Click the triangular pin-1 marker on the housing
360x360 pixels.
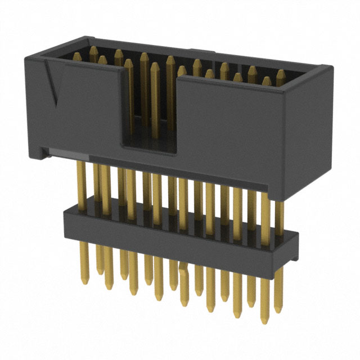click(55, 84)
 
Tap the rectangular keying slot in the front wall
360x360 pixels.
click(150, 112)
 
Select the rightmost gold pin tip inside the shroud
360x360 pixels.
click(280, 74)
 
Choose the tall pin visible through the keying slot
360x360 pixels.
click(154, 101)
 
